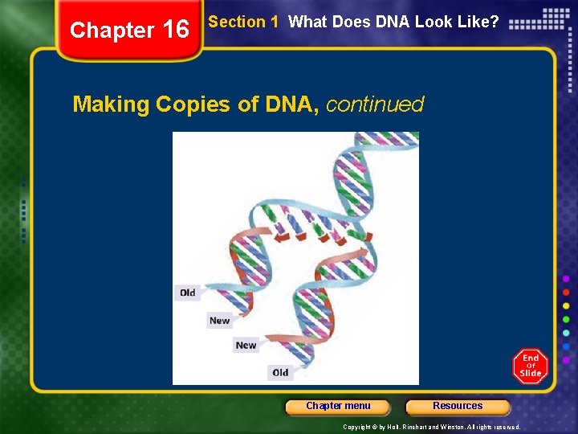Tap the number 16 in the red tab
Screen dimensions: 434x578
[x=175, y=31]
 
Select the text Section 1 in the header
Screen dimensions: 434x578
[x=243, y=23]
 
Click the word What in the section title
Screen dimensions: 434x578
[x=307, y=23]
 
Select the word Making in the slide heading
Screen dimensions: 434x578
[x=111, y=104]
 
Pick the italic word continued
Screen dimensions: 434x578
[x=375, y=104]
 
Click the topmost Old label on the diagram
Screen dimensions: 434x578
[x=188, y=293]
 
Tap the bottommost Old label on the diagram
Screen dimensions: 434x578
[x=280, y=372]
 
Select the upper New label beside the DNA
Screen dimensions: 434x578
[x=219, y=321]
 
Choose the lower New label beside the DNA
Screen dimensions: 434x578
[x=246, y=346]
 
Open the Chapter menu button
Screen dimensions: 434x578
[x=338, y=407]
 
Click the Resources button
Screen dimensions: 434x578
[x=458, y=407]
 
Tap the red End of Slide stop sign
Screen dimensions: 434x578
[x=531, y=366]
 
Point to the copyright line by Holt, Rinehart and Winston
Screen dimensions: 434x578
[x=432, y=427]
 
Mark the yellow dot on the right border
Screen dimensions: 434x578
[x=567, y=305]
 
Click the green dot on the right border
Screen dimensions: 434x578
[x=567, y=319]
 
